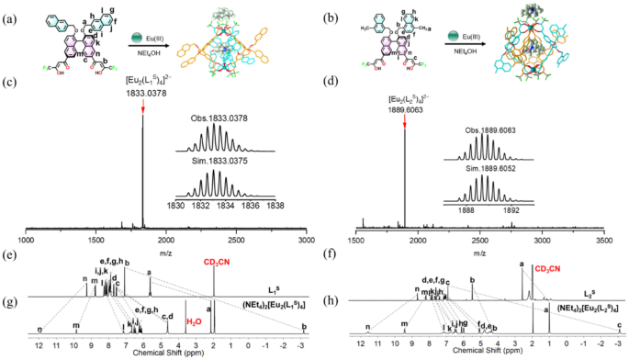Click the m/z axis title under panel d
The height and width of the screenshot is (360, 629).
(x=479, y=251)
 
